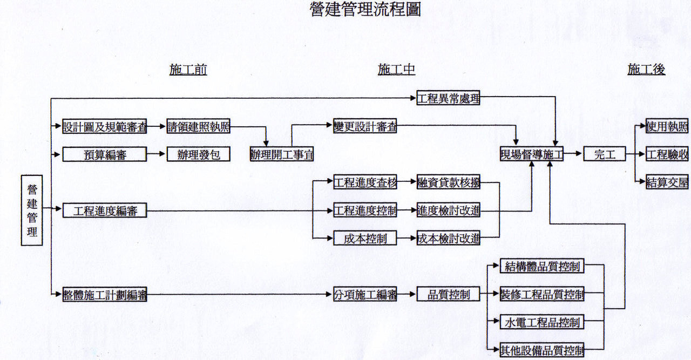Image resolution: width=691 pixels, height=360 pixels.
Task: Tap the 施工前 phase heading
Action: click(188, 70)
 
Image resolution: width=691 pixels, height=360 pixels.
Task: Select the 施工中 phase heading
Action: click(396, 70)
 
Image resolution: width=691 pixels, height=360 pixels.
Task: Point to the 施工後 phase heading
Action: click(646, 70)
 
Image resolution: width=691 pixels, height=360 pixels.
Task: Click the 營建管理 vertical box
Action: click(32, 210)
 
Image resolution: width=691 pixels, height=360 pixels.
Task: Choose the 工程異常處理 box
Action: click(448, 99)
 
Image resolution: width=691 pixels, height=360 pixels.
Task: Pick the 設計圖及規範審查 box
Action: click(105, 127)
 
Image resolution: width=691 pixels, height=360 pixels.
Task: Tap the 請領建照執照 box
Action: click(198, 127)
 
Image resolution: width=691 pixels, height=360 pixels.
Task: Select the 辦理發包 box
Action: click(198, 155)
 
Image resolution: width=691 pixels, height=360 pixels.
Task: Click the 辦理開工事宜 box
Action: click(282, 155)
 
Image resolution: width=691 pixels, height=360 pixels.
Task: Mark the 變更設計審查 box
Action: click(365, 127)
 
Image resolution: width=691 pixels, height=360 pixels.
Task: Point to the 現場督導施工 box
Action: click(532, 155)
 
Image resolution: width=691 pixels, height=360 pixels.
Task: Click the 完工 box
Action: click(604, 155)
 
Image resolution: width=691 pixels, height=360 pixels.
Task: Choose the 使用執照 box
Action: click(667, 127)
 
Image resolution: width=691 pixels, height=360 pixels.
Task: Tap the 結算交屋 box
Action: click(667, 182)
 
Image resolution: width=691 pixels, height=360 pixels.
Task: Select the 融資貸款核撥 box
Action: click(448, 182)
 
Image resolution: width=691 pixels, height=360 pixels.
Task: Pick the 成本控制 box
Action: click(365, 238)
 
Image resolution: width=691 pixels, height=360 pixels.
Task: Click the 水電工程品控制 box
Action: click(542, 322)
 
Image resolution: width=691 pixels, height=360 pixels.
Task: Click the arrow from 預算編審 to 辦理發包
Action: click(157, 155)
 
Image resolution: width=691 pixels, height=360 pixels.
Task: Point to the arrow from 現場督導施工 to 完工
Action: click(573, 155)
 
